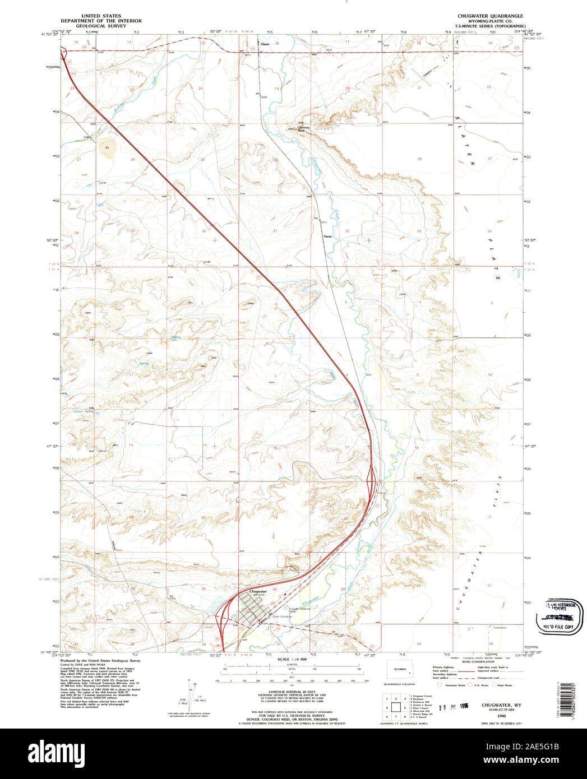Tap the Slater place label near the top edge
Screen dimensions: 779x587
pos(266,43)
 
